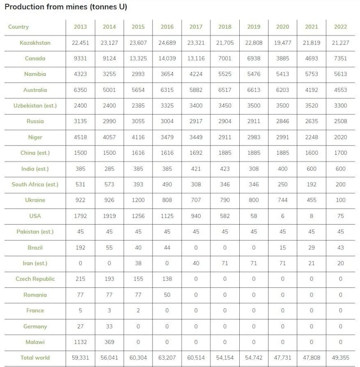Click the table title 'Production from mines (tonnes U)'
click(66, 7)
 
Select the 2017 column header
click(196, 27)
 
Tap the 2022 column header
click(340, 27)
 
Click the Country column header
click(19, 27)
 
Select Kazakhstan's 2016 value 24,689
click(167, 43)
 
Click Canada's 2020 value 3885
click(283, 59)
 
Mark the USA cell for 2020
click(283, 216)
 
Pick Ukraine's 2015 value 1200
click(138, 200)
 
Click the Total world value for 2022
click(340, 358)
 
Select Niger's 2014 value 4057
click(109, 137)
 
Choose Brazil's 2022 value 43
click(340, 248)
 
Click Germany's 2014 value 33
click(109, 326)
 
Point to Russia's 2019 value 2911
click(254, 121)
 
